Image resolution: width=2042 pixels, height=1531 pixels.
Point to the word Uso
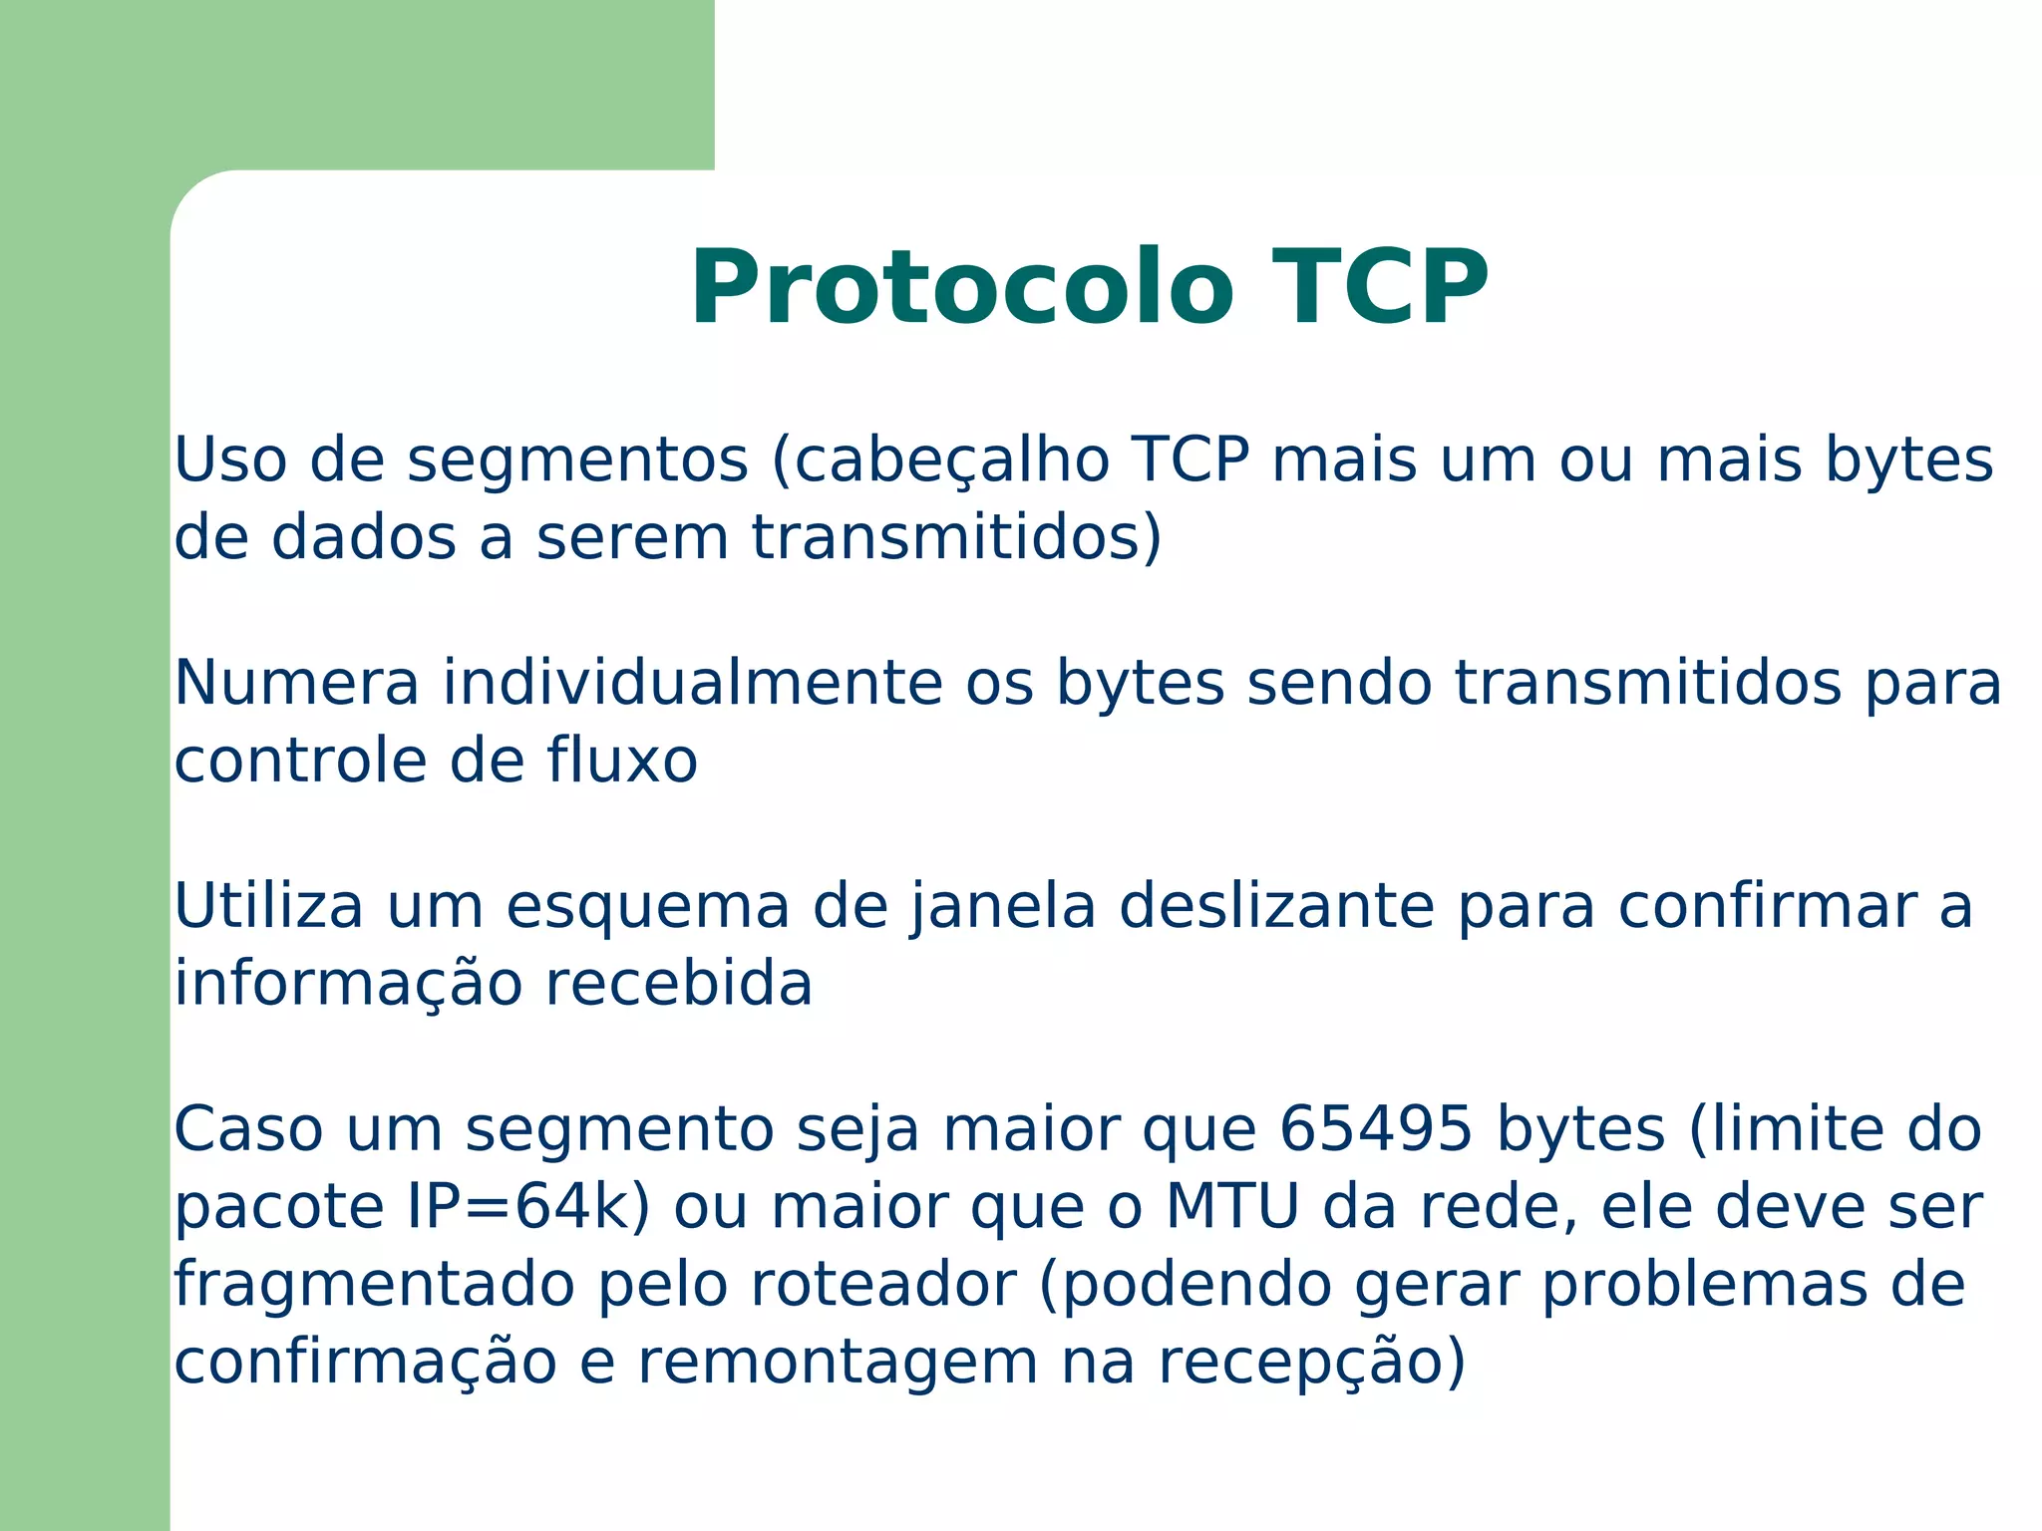click(230, 460)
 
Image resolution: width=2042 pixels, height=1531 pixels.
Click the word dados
click(363, 537)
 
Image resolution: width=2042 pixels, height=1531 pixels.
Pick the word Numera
click(297, 684)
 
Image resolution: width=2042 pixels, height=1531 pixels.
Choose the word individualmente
click(692, 684)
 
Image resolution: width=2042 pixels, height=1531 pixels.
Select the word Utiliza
click(268, 906)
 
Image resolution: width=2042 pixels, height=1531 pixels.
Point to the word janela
click(1001, 906)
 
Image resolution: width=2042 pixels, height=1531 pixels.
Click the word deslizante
click(1276, 906)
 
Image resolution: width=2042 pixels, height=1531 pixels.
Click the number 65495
click(1375, 1129)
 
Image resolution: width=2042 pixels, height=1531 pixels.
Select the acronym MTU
click(1232, 1207)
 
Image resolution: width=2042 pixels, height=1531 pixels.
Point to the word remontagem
click(837, 1362)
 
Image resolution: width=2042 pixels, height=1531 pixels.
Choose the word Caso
click(248, 1129)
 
